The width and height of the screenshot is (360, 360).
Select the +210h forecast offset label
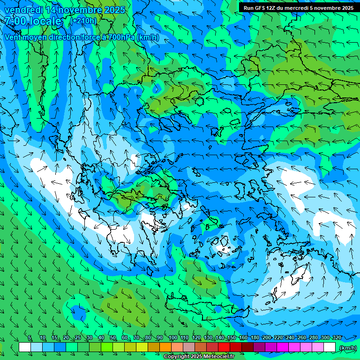click(x=84, y=21)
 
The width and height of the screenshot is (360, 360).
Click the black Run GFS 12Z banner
click(x=298, y=7)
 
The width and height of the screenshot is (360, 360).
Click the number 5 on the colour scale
click(x=30, y=338)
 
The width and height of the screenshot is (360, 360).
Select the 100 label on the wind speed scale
click(x=172, y=338)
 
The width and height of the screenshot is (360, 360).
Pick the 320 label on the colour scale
click(x=337, y=338)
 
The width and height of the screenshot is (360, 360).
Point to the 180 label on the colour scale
click(x=255, y=338)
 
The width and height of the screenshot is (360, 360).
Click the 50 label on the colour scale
click(x=113, y=338)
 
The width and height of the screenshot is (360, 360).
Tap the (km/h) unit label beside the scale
click(x=348, y=348)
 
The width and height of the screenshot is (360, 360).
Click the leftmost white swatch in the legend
click(x=25, y=347)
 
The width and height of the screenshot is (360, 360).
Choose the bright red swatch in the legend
click(x=224, y=347)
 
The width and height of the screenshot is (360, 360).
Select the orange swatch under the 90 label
click(x=165, y=347)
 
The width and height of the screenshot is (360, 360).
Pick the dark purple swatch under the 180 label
click(x=259, y=347)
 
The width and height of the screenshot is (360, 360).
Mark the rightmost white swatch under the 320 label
click(x=330, y=347)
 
